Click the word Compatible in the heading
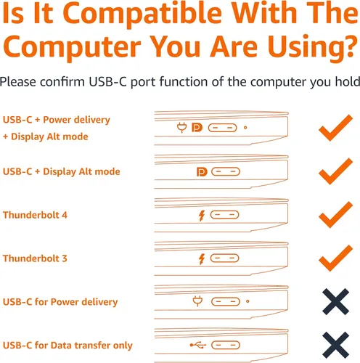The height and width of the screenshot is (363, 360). point(142,13)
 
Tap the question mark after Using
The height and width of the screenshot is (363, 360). point(350,46)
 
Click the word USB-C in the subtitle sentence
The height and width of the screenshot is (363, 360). point(108,82)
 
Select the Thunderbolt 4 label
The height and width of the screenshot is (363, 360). point(35,215)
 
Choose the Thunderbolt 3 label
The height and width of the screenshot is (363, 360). point(35,258)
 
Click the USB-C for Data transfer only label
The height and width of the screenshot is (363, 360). point(67,346)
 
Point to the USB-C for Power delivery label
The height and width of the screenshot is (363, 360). point(60,302)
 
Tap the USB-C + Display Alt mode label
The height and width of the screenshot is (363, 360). point(62,171)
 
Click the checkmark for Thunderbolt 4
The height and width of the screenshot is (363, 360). point(336,215)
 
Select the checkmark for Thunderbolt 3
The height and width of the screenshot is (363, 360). point(336,258)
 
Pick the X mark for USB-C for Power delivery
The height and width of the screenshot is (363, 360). point(336,301)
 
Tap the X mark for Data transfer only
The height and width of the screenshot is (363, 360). point(336,345)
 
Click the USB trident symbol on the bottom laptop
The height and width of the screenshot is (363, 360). point(198,345)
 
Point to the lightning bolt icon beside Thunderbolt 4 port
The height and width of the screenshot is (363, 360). point(202,216)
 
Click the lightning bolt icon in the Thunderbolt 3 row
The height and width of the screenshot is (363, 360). point(202,259)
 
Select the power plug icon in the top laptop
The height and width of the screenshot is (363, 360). point(181,128)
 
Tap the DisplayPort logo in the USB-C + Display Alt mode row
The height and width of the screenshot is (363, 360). point(202,172)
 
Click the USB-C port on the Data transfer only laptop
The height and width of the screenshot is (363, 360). point(226,345)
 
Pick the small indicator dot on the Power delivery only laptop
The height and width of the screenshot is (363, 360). point(247,301)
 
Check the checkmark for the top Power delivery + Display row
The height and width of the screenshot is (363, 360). point(336,128)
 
